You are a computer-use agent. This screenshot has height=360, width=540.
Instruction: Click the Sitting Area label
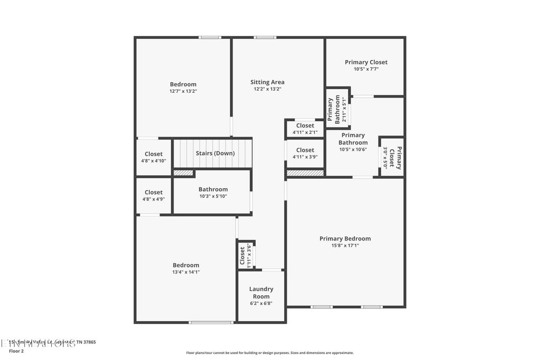[x=267, y=82]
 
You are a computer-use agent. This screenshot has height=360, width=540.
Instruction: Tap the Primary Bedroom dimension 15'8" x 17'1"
[x=345, y=245]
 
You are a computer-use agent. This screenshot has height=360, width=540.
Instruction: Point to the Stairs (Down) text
[x=215, y=153]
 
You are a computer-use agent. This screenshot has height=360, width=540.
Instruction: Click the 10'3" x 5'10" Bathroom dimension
[x=213, y=196]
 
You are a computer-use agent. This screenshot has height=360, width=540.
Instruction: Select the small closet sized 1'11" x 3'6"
[x=246, y=256]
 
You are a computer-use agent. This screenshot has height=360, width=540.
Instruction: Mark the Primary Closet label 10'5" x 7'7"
[x=366, y=69]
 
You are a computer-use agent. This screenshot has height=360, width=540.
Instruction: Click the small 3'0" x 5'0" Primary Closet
[x=392, y=157]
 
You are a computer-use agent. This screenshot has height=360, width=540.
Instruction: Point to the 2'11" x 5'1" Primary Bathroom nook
[x=337, y=110]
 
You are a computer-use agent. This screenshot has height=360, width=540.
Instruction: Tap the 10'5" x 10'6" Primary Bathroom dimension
[x=353, y=149]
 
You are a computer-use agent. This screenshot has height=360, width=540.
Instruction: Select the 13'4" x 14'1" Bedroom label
[x=186, y=272]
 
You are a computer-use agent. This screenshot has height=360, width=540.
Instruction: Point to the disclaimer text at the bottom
[x=269, y=353]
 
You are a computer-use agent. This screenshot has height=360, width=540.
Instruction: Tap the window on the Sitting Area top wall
[x=265, y=37]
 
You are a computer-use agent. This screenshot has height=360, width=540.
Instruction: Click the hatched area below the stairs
[x=184, y=172]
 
